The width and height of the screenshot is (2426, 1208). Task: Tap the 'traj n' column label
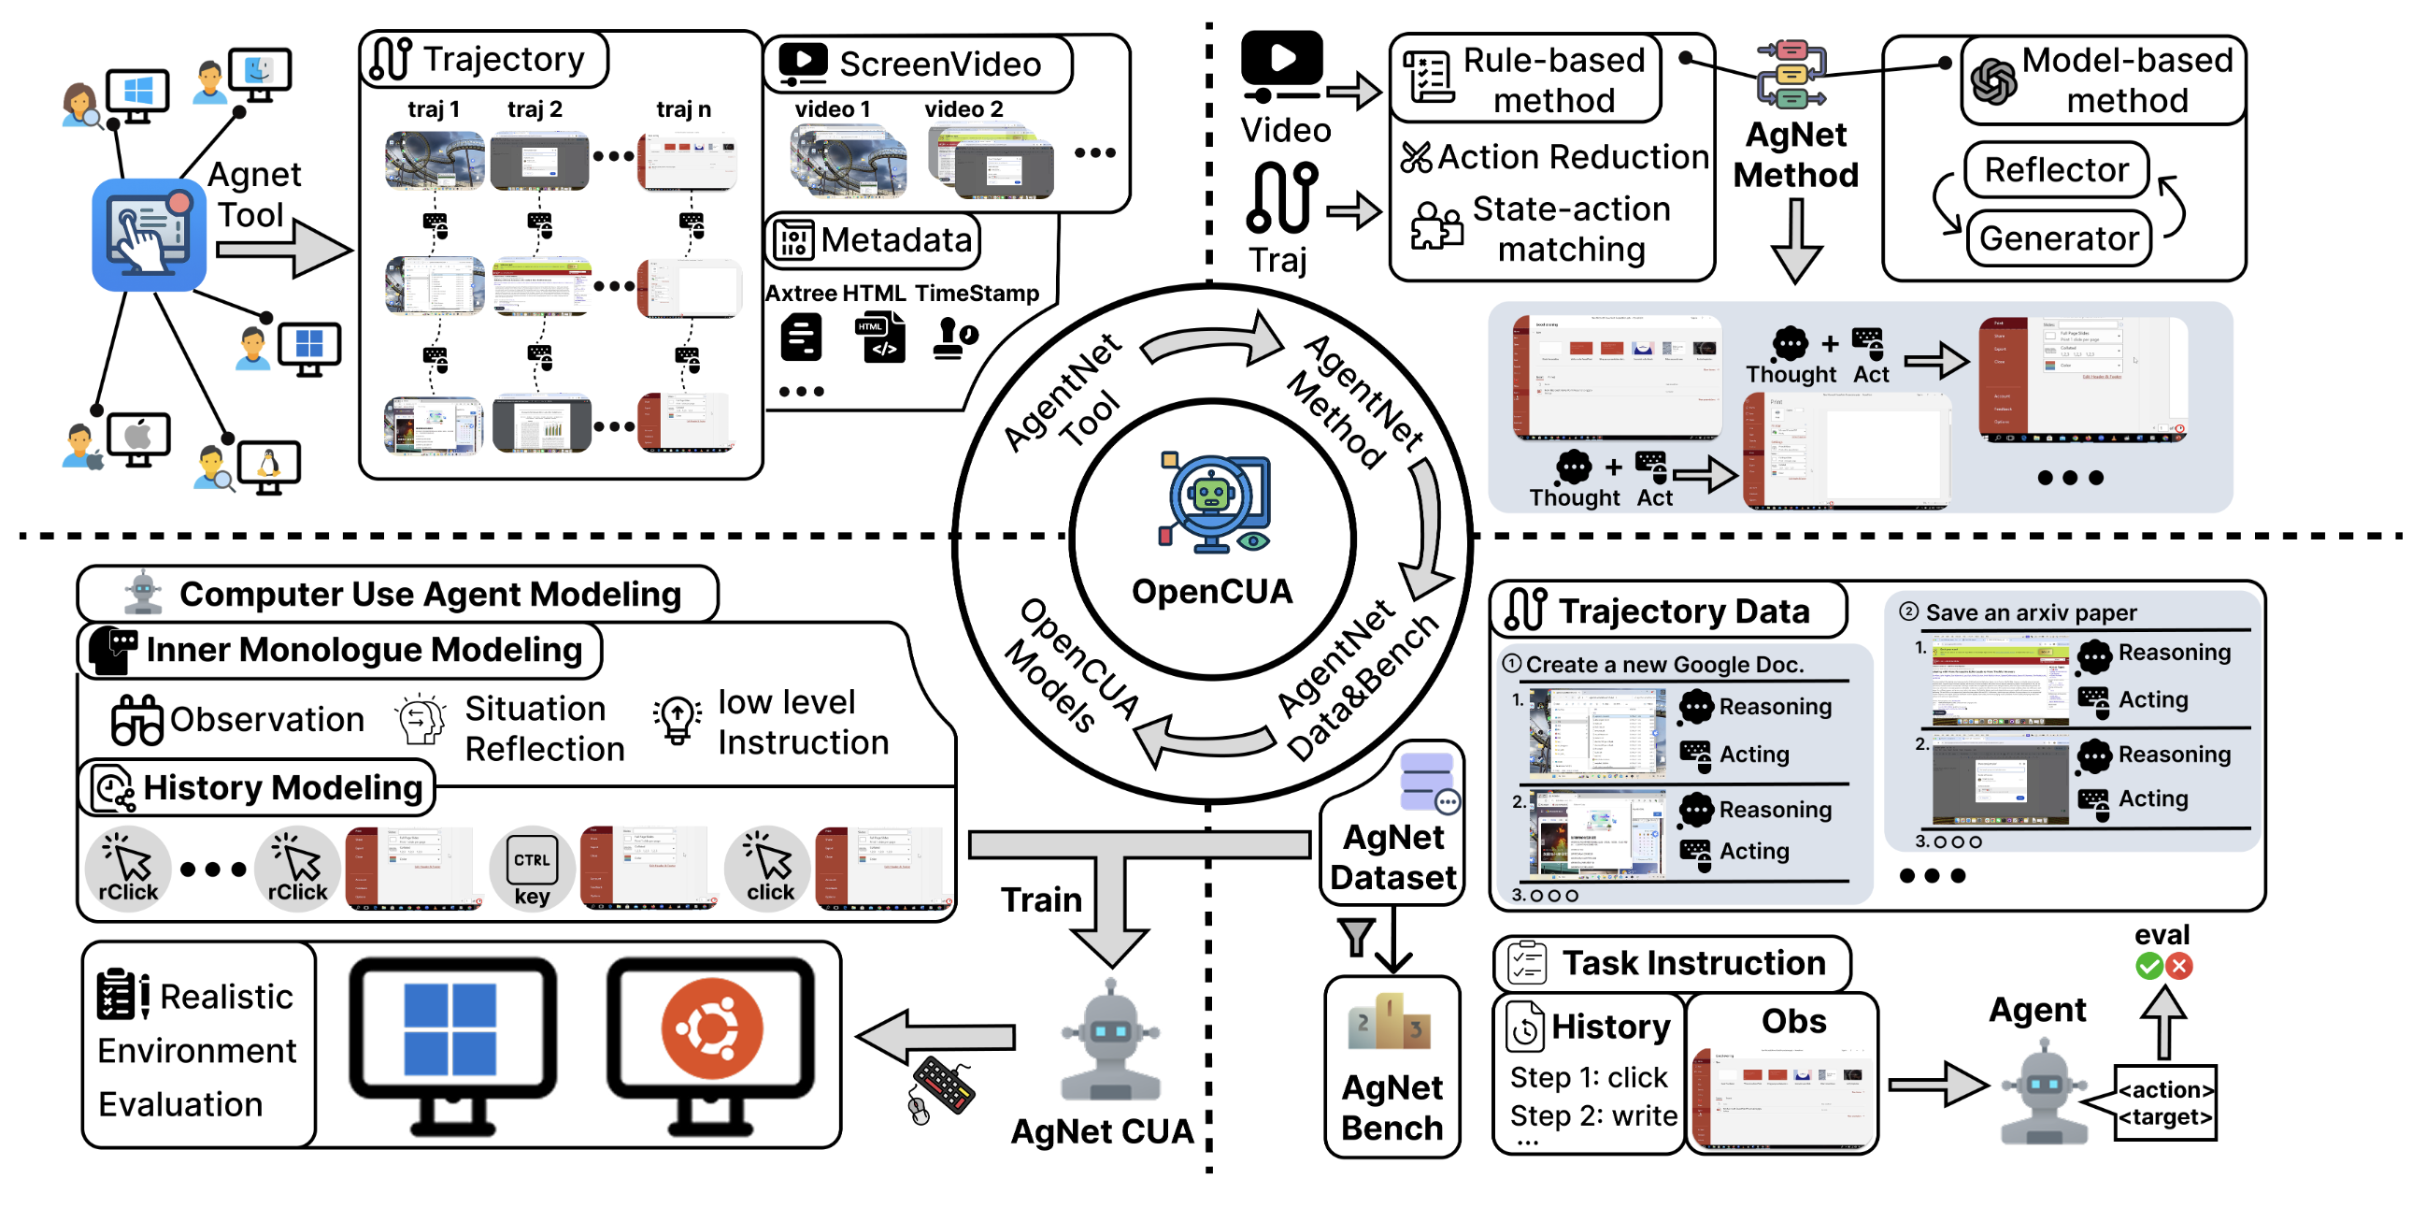coord(684,109)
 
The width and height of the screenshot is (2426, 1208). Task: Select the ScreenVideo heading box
coord(918,65)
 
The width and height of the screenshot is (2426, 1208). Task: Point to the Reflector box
coord(2056,169)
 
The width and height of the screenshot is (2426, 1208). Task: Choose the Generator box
coord(2059,238)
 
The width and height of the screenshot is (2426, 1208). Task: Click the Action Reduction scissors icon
coord(1416,157)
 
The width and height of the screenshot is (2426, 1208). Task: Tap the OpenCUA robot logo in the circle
coord(1213,504)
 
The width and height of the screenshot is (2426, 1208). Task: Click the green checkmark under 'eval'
coord(2148,966)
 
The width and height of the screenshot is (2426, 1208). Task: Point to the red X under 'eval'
coord(2178,966)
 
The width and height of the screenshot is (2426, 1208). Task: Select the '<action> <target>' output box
coord(2165,1102)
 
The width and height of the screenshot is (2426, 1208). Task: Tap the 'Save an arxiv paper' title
coord(2031,612)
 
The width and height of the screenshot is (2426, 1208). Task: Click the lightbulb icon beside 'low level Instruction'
coord(678,721)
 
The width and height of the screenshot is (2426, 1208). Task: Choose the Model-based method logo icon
coord(1992,82)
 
